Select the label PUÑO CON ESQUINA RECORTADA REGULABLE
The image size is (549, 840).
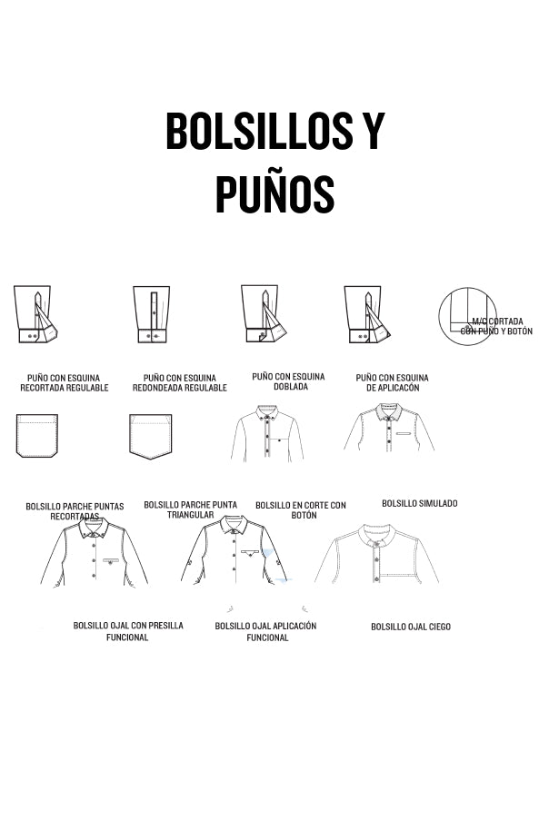(64, 382)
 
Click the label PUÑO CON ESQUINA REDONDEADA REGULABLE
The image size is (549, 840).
(180, 382)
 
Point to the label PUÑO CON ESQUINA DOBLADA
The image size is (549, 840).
(288, 381)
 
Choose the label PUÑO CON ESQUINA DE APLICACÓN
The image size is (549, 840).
(392, 382)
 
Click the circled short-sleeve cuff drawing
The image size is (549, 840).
(467, 316)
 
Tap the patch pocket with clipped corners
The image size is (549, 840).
(37, 436)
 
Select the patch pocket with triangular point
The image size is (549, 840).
(151, 436)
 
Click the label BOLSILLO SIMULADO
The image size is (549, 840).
(420, 503)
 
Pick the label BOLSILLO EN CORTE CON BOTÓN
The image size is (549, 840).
(301, 510)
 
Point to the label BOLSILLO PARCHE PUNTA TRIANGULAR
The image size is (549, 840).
(190, 509)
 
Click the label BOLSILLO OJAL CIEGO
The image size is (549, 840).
(411, 627)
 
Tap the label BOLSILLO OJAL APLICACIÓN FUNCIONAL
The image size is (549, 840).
(266, 632)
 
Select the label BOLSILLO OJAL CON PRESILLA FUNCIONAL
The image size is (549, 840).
(128, 631)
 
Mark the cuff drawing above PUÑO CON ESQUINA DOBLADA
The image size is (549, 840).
(264, 314)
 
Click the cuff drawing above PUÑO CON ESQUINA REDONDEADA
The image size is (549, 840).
(152, 314)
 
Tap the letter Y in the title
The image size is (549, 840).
(373, 130)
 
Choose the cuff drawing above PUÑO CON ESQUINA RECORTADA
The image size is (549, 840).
(35, 314)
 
